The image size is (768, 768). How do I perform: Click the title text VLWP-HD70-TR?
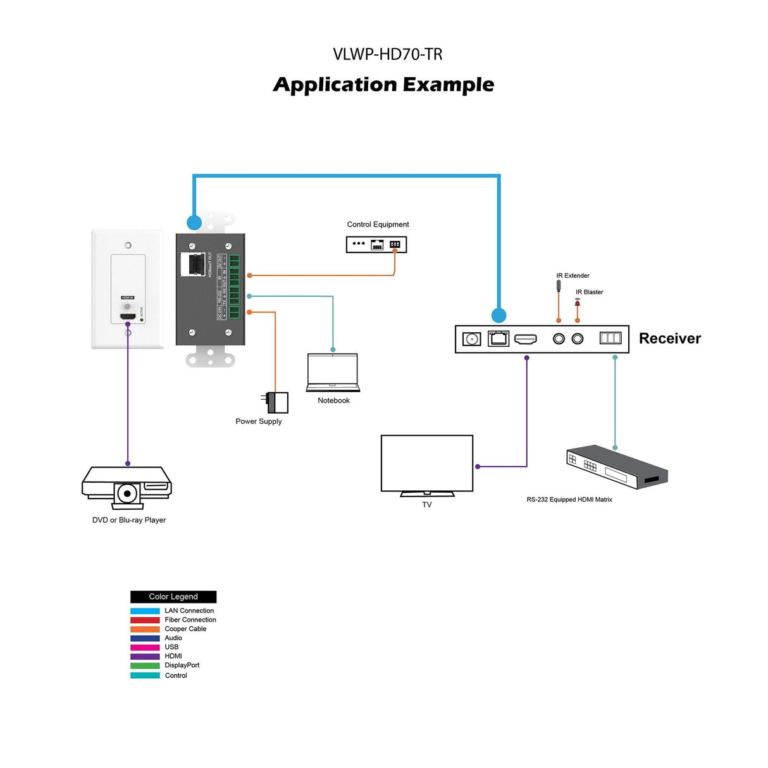click(x=387, y=54)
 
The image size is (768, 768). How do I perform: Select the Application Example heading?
click(x=383, y=85)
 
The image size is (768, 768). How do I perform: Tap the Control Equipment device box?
click(x=376, y=244)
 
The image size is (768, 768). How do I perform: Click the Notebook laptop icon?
click(x=333, y=373)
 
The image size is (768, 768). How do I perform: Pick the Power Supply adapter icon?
click(x=275, y=402)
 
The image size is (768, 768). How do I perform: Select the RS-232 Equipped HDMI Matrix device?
click(x=616, y=467)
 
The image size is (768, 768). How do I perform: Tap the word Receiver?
click(x=670, y=338)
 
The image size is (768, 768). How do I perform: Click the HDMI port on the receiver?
click(x=525, y=339)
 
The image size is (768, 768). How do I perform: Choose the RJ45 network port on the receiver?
click(x=499, y=338)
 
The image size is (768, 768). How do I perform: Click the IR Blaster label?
click(x=589, y=292)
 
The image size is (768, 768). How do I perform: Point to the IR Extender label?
click(x=573, y=276)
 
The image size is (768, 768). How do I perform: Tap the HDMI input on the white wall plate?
click(x=128, y=316)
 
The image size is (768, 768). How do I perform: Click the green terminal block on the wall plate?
click(x=234, y=287)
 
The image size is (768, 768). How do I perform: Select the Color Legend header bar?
click(x=173, y=597)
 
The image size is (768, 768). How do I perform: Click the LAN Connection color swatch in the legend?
click(x=145, y=611)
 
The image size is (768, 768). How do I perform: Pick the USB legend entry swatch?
click(x=145, y=647)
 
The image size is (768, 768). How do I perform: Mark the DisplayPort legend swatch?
click(x=145, y=666)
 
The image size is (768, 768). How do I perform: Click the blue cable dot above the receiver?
click(x=499, y=315)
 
